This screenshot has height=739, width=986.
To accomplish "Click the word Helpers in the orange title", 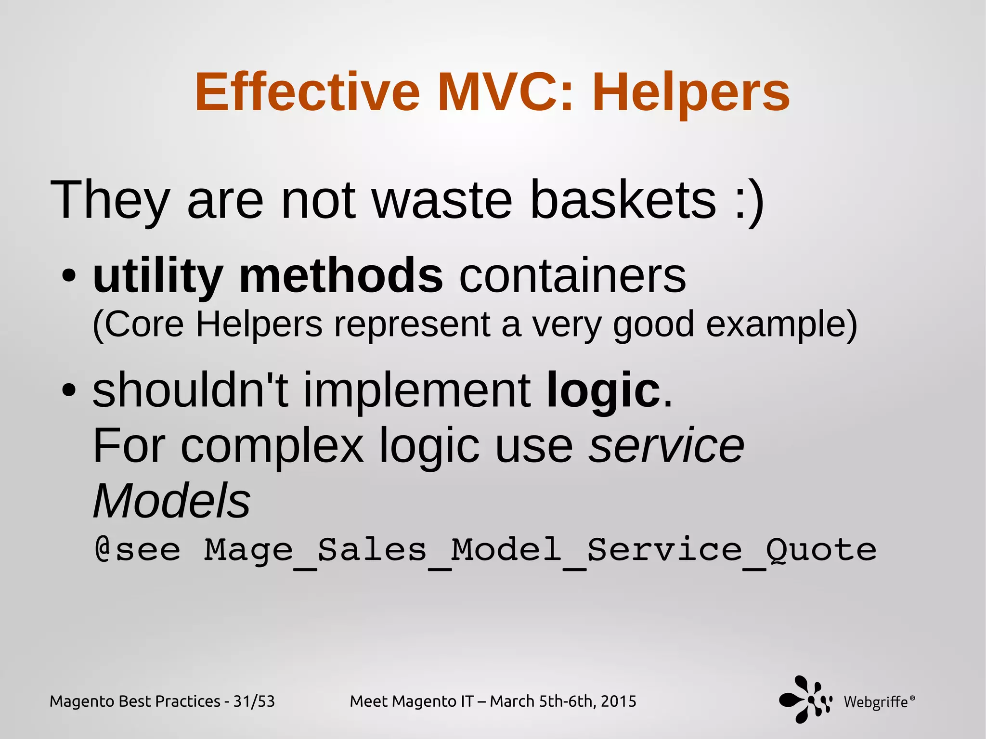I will (691, 92).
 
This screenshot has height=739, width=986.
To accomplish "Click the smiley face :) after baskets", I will (749, 200).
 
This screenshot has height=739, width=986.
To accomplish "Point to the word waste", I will (442, 199).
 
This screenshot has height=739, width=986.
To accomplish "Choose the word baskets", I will (623, 199).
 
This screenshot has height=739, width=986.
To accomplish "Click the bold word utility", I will (158, 276).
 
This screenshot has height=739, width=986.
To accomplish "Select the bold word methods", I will (341, 275).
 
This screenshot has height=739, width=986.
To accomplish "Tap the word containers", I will (572, 276).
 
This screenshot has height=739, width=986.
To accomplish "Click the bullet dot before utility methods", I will (69, 276).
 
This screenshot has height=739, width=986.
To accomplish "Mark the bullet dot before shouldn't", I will (69, 389).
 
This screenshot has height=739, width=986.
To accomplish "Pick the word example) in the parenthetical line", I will (781, 324).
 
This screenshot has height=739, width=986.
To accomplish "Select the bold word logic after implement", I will (603, 390).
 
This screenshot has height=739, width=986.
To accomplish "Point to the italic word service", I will (667, 446).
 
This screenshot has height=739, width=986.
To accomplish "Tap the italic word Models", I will (172, 501).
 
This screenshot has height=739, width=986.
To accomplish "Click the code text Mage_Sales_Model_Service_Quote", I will (540, 550).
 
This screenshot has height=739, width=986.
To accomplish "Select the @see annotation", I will (138, 550).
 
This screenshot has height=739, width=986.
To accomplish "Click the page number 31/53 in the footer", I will (254, 701).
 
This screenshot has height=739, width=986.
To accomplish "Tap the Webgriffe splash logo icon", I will (805, 700).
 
